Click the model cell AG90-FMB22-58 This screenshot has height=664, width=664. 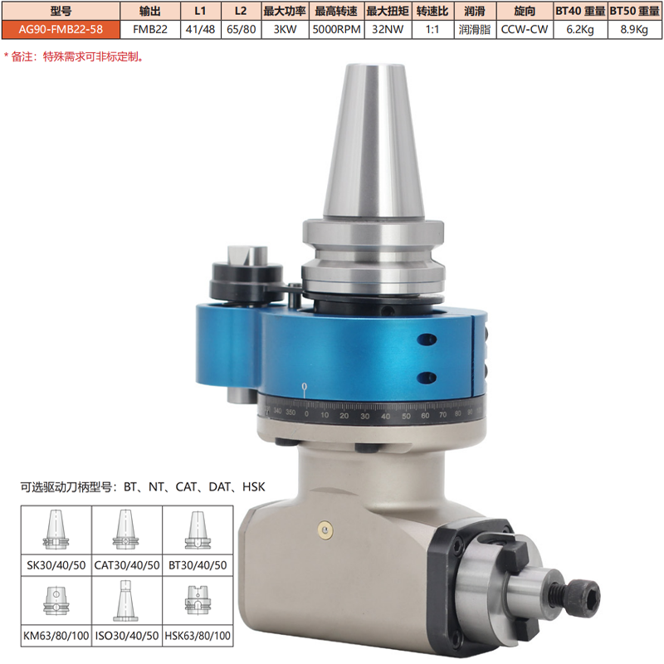click(x=61, y=29)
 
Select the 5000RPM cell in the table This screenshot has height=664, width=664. click(x=336, y=29)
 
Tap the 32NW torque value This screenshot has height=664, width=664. click(x=388, y=29)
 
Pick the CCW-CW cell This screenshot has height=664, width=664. click(x=525, y=29)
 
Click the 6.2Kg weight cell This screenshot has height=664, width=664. click(x=580, y=29)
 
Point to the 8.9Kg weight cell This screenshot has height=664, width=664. click(x=634, y=29)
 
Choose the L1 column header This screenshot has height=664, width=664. click(x=200, y=11)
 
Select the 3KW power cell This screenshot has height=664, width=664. click(x=285, y=29)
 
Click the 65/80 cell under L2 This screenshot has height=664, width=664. click(x=241, y=29)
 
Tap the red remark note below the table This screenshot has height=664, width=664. click(x=74, y=56)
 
